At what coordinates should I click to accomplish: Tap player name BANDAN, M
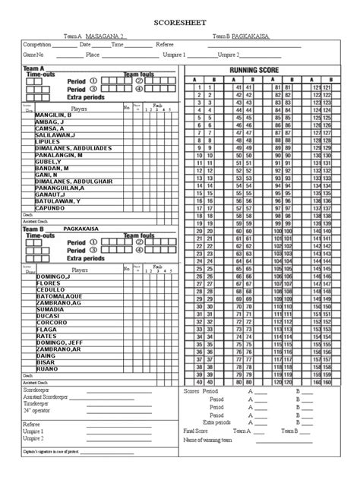click(51, 167)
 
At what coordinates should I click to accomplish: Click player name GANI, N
click(46, 174)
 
